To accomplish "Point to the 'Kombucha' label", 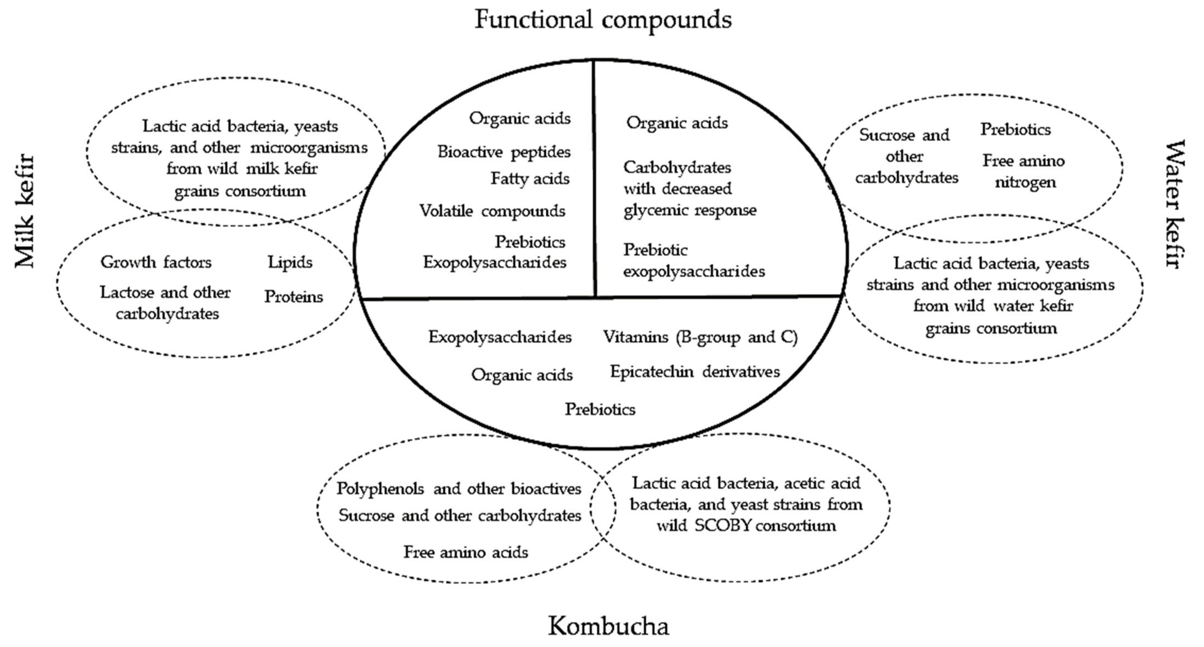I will tap(608, 626).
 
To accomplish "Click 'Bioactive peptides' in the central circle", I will tap(504, 152).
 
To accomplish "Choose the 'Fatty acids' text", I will tap(530, 178).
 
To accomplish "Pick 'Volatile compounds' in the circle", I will tap(492, 211).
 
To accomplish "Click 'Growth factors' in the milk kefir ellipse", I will tap(156, 262).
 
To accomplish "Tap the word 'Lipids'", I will tap(290, 262).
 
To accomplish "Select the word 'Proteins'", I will tap(293, 297).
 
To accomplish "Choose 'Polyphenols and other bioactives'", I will tap(459, 489).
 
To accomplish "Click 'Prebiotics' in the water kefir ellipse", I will tap(1015, 129).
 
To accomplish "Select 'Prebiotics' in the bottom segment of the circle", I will tap(600, 409).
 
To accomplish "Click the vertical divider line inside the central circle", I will tap(594, 187).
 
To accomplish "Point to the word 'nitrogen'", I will tap(1025, 182).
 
